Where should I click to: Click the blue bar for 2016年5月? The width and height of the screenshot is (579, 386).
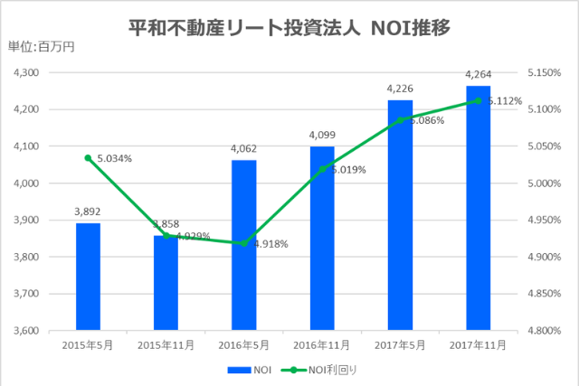244,245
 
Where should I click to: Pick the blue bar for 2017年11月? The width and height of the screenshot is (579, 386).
478,208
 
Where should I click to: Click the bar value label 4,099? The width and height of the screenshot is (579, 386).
322,135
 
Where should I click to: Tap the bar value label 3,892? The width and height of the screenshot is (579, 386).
88,212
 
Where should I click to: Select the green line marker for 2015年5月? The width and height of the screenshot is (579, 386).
88,158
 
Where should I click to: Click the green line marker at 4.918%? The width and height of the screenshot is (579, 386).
244,243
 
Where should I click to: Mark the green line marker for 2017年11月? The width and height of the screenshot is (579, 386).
478,100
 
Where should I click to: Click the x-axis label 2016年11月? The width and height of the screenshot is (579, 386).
322,345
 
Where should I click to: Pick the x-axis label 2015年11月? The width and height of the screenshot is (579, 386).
166,345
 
